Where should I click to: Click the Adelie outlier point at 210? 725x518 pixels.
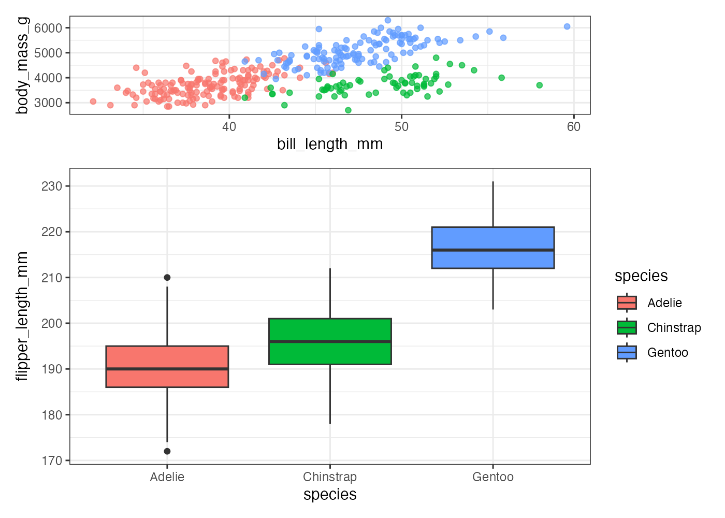pos(167,278)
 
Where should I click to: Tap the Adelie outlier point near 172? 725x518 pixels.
pos(167,451)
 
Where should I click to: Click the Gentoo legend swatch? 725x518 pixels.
pos(627,353)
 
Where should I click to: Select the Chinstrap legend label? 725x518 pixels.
pos(674,328)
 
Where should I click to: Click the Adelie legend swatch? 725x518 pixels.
pos(627,303)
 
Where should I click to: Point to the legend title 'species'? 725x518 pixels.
pos(641,276)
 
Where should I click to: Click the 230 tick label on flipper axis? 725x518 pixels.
pos(52,186)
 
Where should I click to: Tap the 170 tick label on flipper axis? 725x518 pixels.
pos(52,461)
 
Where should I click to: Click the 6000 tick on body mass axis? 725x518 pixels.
pos(48,28)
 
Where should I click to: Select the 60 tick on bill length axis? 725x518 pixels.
pos(574,127)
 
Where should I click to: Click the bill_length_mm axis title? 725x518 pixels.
pos(330,144)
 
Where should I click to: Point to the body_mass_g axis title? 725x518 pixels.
pos(22,65)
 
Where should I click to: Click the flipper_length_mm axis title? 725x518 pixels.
pos(22,316)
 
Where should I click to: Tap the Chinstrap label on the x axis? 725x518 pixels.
pos(330,477)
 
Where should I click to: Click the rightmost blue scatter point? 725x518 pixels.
pos(567,26)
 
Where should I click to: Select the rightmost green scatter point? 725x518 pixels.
pos(539,85)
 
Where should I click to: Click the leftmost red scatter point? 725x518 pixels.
pos(93,102)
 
